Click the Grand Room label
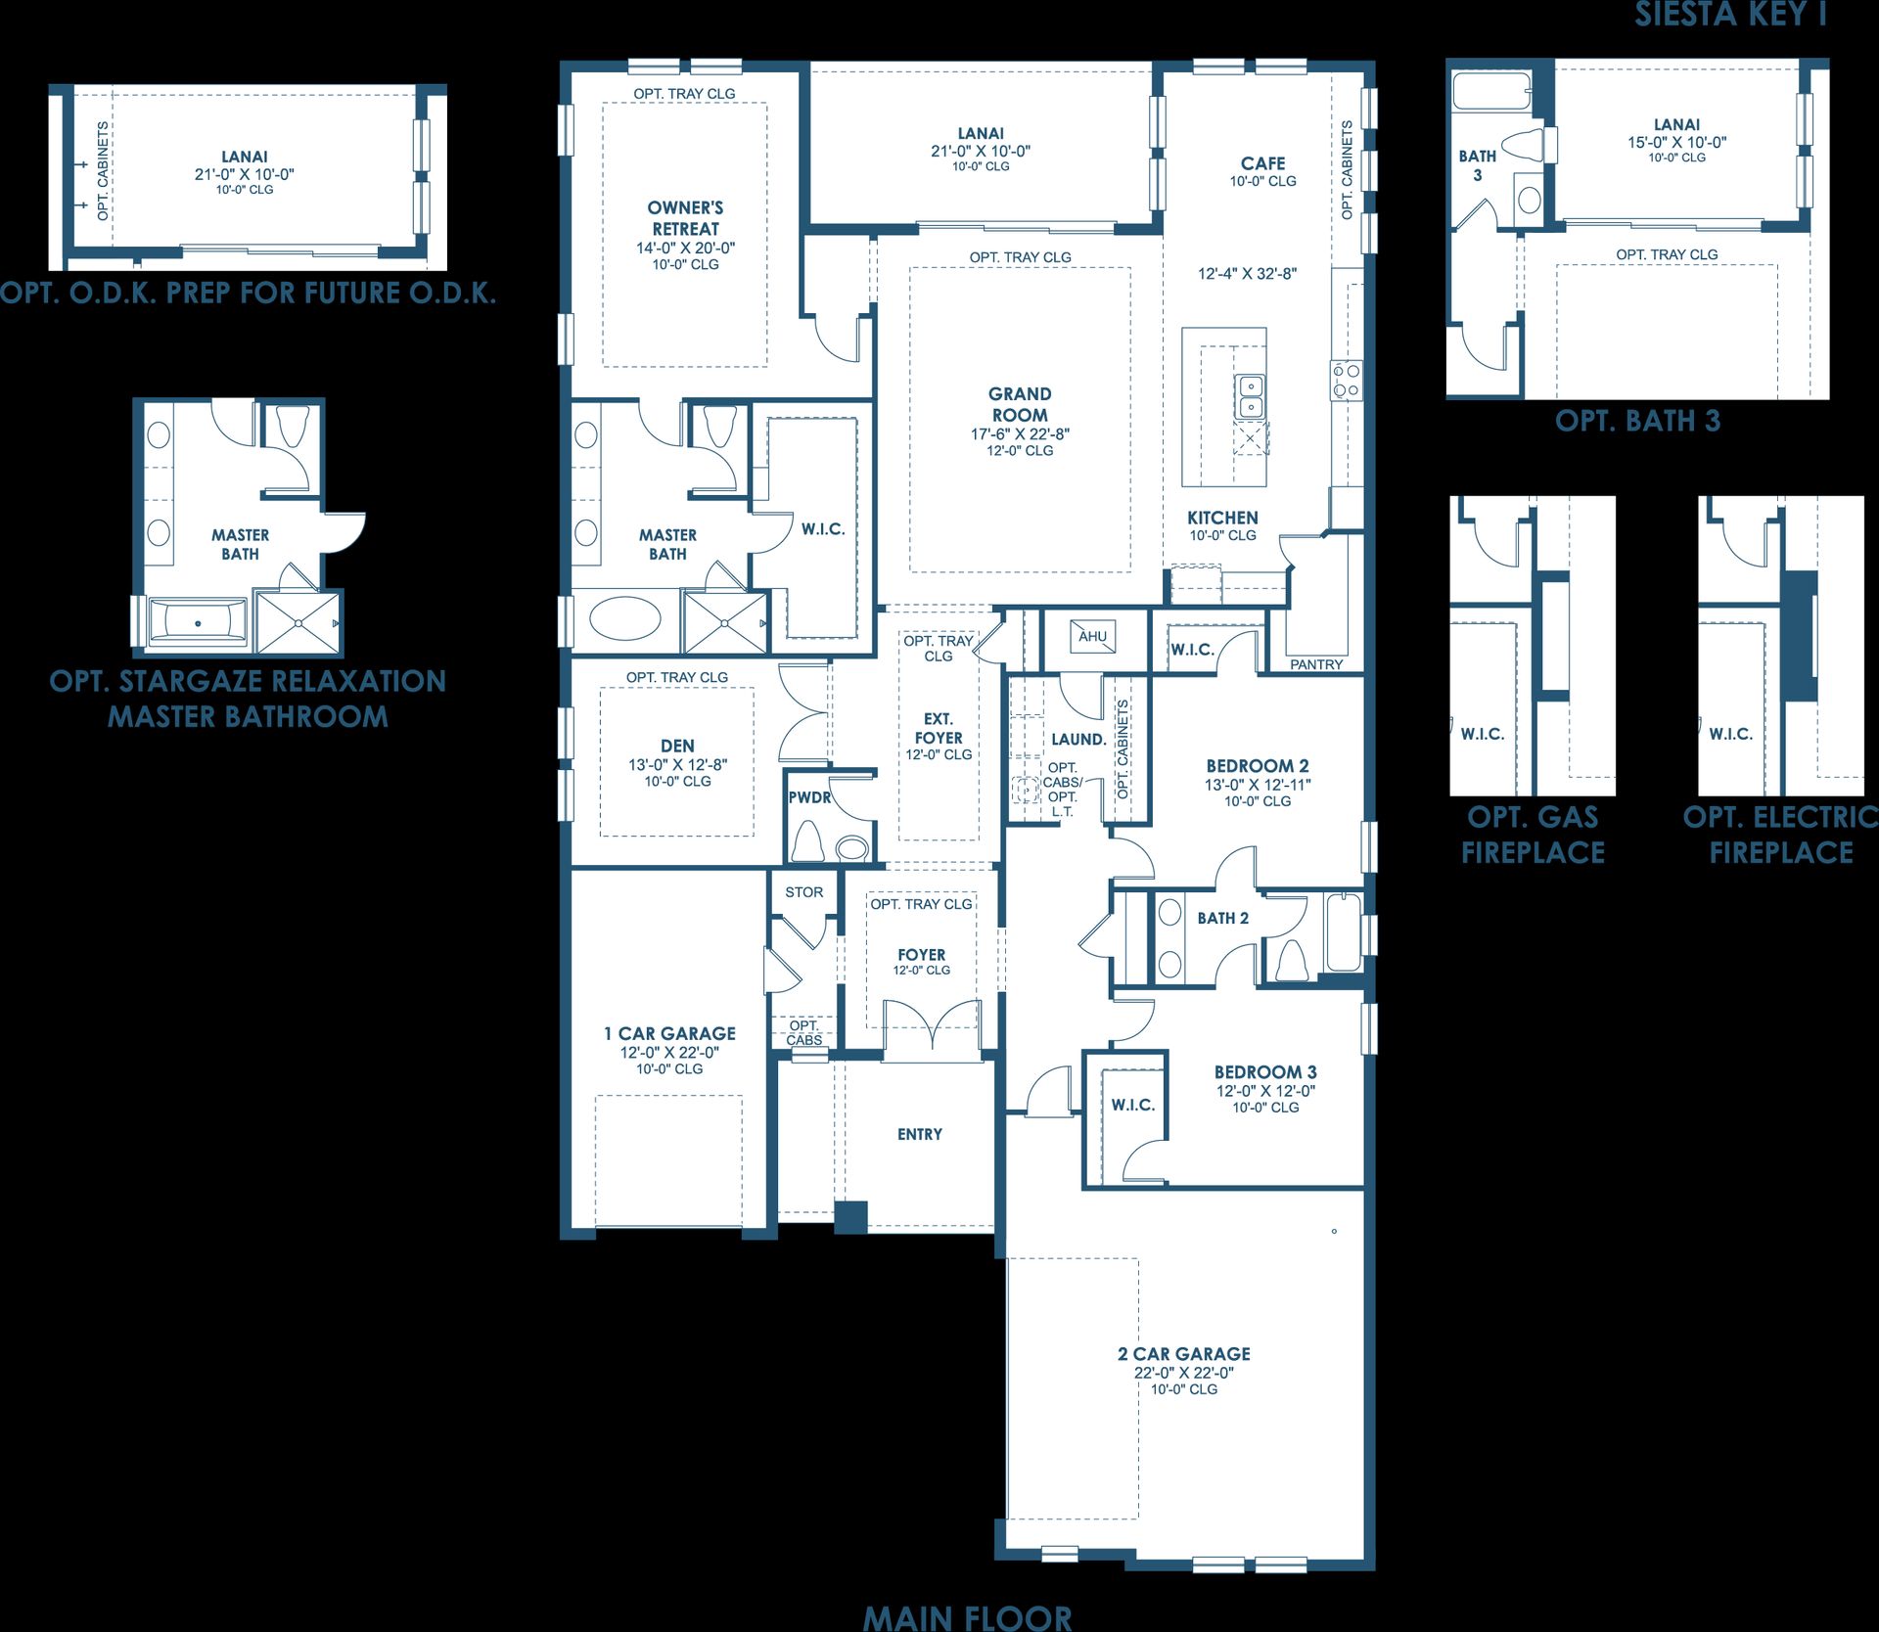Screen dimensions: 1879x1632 [1020, 404]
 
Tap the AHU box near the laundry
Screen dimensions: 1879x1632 [1092, 637]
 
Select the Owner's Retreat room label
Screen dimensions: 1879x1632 [685, 217]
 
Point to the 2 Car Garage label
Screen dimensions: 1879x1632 [1184, 1353]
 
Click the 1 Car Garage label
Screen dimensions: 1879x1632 [669, 1033]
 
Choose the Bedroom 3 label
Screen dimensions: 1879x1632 [1265, 1072]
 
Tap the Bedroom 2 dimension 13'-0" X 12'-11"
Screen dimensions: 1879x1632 [1258, 785]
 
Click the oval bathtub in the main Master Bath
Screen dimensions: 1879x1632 [626, 618]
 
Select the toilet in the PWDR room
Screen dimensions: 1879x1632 [808, 841]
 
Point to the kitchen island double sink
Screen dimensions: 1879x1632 [1250, 396]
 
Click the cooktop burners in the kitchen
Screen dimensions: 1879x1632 [1346, 380]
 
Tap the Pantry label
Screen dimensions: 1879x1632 [1316, 664]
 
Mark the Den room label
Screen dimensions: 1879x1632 [677, 746]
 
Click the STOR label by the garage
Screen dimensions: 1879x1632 [804, 892]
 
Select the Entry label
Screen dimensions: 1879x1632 [920, 1134]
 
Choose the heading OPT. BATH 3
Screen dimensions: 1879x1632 [1637, 421]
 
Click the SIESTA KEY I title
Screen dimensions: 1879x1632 [1730, 14]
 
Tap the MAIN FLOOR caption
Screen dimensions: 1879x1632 [967, 1616]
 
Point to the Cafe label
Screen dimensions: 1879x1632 [1263, 163]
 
